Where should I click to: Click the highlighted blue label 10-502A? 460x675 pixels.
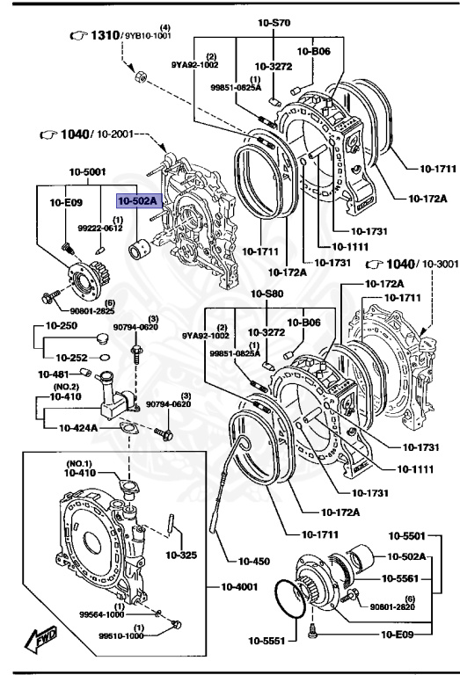tap(138, 201)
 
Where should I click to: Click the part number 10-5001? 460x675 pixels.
tap(88, 175)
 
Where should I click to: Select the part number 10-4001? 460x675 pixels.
tap(238, 586)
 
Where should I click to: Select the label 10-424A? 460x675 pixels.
tap(80, 428)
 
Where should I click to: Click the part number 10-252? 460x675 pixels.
tap(72, 358)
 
